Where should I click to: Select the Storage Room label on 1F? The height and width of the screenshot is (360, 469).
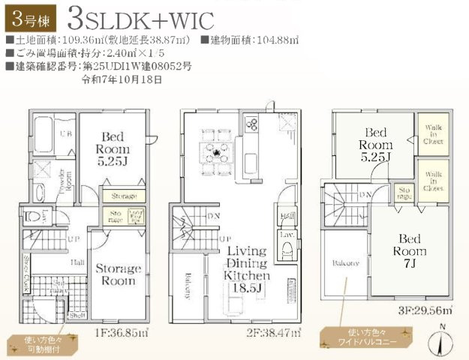pyautogui.click(x=117, y=274)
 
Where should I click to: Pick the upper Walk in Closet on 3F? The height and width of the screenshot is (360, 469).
pyautogui.click(x=433, y=134)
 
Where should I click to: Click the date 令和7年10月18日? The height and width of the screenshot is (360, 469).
pyautogui.click(x=120, y=79)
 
